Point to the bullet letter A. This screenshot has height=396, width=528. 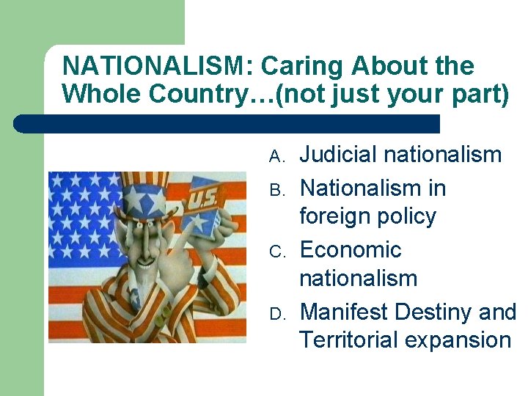(276, 156)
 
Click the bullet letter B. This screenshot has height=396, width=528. (276, 190)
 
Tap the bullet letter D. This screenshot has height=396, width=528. (276, 314)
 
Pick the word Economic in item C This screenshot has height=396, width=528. (351, 249)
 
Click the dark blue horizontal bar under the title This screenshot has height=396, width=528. (227, 124)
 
